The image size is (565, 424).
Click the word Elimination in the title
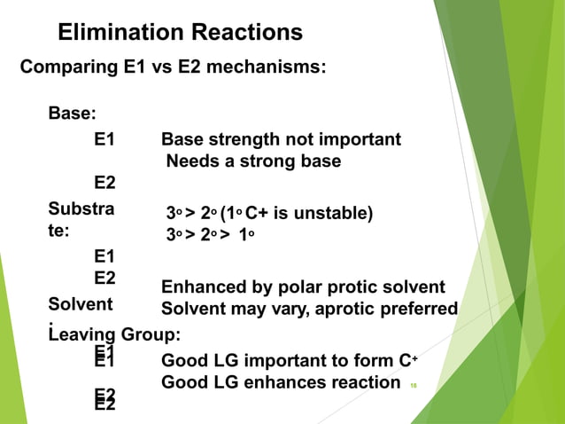118,33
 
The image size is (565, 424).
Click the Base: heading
73,114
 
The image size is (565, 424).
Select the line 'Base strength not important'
281,139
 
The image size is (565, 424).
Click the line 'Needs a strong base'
253,161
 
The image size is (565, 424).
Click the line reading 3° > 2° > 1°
216,235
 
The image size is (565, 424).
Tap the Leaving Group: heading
115,334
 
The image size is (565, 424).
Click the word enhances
288,382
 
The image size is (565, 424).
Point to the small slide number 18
413,386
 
